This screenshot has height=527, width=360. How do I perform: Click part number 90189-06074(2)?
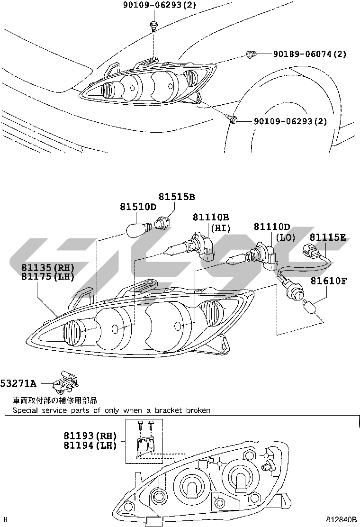pyautogui.click(x=310, y=54)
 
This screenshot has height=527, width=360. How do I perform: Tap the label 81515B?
pyautogui.click(x=177, y=197)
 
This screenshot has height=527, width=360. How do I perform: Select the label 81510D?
pyautogui.click(x=138, y=207)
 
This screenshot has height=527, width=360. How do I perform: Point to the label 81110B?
pyautogui.click(x=211, y=217)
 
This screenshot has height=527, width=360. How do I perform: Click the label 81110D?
pyautogui.click(x=272, y=227)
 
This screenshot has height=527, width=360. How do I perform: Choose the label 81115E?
pyautogui.click(x=328, y=237)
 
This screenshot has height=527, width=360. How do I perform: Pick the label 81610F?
pyautogui.click(x=329, y=281)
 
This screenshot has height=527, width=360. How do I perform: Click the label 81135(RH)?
pyautogui.click(x=48, y=268)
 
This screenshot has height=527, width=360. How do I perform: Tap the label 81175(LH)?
pyautogui.click(x=48, y=277)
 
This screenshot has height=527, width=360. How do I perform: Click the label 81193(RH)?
pyautogui.click(x=90, y=436)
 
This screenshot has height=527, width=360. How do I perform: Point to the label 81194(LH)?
pyautogui.click(x=90, y=445)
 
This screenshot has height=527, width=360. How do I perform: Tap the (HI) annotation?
pyautogui.click(x=221, y=228)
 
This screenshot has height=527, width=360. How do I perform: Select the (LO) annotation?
pyautogui.click(x=286, y=237)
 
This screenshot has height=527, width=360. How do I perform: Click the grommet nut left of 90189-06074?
pyautogui.click(x=251, y=54)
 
